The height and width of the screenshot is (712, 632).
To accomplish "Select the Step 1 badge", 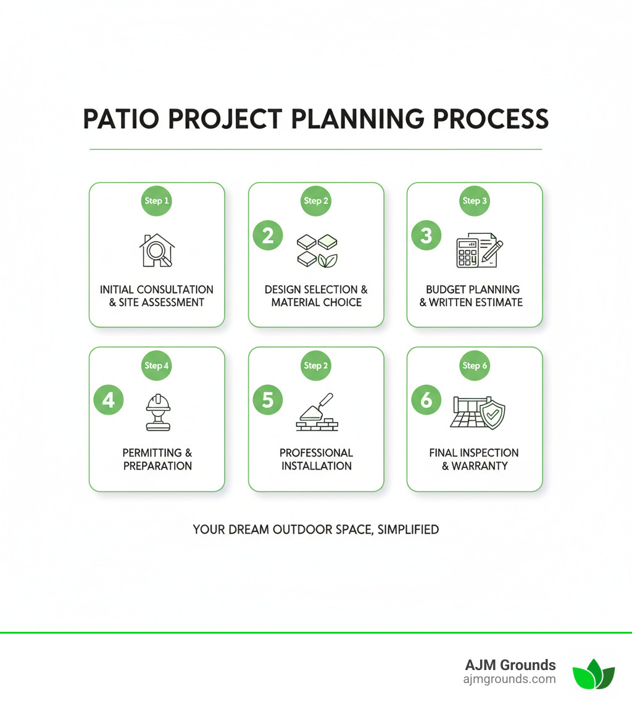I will [157, 201].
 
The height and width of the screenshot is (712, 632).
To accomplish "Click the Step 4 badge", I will [157, 365].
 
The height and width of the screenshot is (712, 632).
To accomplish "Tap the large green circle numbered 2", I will [268, 236].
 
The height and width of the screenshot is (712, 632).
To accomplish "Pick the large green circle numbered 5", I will [268, 400].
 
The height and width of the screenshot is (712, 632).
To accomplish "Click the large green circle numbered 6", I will [426, 400].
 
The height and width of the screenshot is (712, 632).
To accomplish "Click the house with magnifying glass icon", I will [157, 250].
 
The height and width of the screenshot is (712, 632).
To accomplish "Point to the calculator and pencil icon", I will [479, 250].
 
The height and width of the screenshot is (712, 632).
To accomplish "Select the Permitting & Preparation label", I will [157, 460].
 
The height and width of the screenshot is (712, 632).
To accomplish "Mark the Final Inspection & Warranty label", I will [474, 460].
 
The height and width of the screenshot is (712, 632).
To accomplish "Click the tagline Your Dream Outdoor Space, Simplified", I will [315, 529].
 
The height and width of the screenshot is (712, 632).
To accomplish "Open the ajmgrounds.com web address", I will [509, 679].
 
